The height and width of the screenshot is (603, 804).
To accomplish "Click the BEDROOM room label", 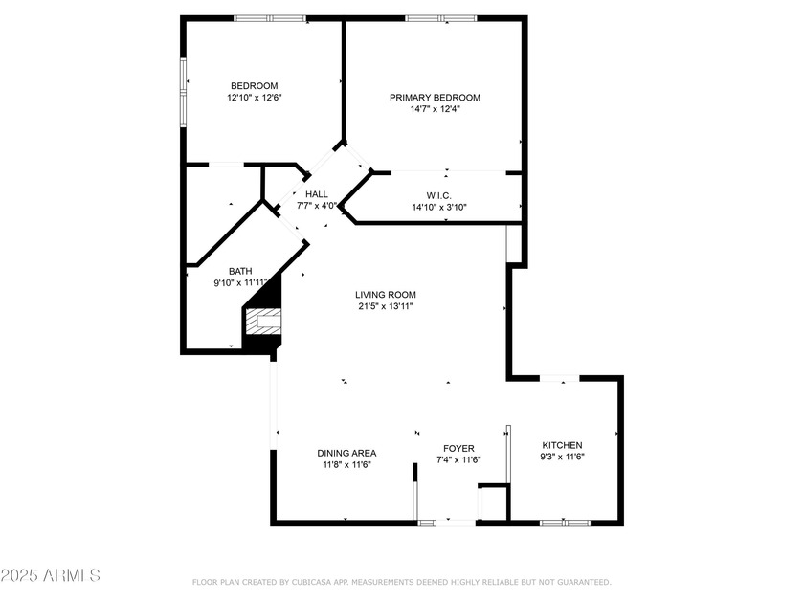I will pos(254,86).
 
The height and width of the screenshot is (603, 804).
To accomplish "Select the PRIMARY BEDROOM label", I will pos(435,98).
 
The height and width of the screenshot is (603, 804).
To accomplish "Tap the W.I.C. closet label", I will pos(439,195).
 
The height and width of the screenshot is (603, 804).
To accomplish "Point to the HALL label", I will pos(317,194).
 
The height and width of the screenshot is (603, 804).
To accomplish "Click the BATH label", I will pos(240,271).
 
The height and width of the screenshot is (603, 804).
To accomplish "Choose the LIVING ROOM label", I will pos(386,295).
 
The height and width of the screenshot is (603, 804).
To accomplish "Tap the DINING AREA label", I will pos(346,453).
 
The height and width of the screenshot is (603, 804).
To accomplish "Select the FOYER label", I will pos(458,448).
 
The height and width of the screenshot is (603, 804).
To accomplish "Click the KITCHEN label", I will pos(562,445).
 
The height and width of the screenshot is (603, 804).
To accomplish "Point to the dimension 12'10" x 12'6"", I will pos(254,98).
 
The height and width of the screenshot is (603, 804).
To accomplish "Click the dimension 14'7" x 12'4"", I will pos(435,109).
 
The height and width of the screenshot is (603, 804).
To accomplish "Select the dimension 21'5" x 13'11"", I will pos(386,307).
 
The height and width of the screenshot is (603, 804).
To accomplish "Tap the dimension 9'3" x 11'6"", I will pos(562,458).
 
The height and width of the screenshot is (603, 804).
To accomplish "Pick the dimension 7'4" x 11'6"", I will pos(458,460).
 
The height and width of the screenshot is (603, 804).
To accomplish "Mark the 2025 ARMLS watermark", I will pos(51,575).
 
